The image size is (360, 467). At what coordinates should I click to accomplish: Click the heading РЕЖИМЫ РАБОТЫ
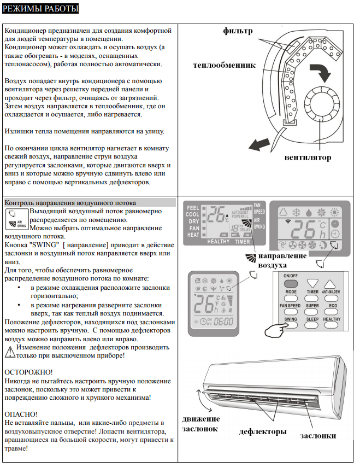(x=40, y=9)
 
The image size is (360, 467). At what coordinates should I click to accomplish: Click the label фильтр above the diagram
(x=238, y=31)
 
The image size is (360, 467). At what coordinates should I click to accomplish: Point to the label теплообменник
(x=224, y=65)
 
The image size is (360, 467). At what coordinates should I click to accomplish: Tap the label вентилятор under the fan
(x=308, y=157)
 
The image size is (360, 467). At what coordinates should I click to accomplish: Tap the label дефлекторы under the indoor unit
(x=263, y=431)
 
